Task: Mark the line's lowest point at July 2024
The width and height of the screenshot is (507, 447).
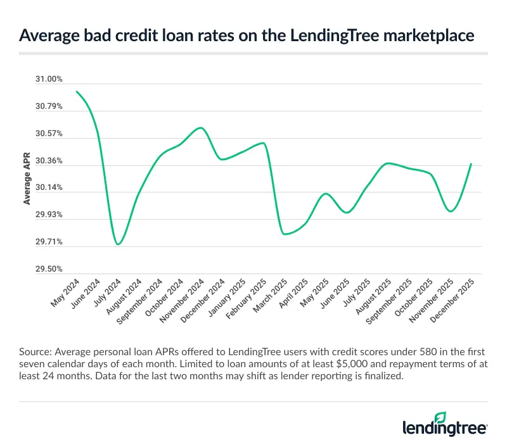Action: (x=118, y=244)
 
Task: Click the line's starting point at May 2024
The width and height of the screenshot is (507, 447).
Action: (x=77, y=91)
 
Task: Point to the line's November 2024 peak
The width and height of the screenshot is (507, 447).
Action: (x=201, y=128)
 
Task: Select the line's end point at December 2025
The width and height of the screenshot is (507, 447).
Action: (x=471, y=163)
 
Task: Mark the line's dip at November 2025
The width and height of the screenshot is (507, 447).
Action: (x=450, y=211)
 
